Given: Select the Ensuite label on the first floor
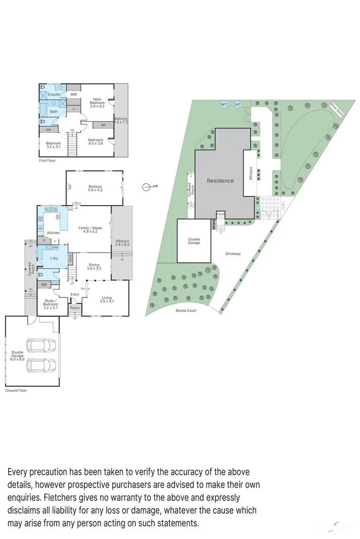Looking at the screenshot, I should [54, 94].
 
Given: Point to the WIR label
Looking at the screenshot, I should [73, 94].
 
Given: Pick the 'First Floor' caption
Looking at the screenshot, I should [47, 160].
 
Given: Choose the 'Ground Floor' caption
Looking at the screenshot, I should [16, 390].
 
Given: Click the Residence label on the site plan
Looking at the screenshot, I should [220, 180].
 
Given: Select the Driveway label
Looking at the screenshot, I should [233, 254].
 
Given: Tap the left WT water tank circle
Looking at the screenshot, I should [223, 105].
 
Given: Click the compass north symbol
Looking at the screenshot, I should [148, 187].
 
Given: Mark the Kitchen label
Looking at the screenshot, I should [53, 233].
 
